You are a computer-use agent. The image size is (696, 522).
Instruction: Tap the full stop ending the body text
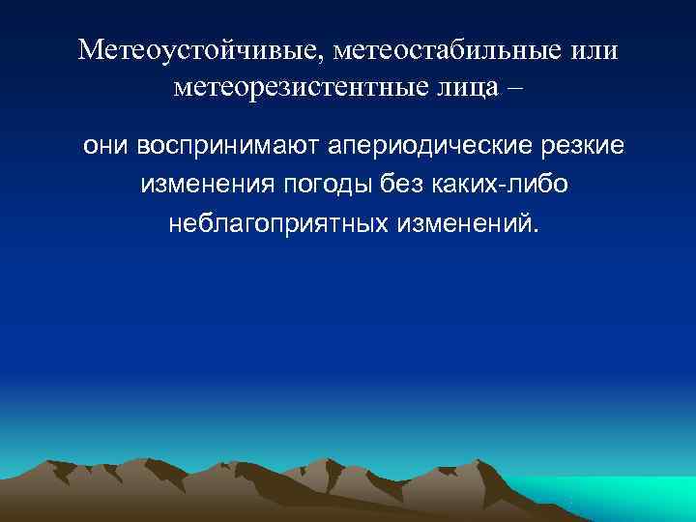(x=530, y=231)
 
